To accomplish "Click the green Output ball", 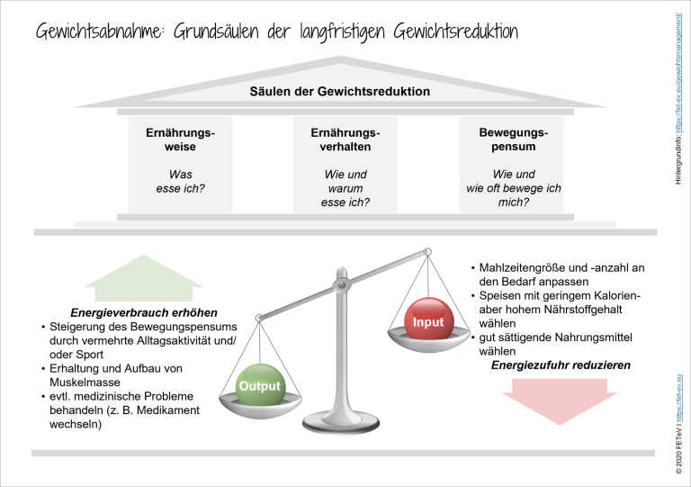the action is coord(260,384).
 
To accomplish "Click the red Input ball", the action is coord(427,319).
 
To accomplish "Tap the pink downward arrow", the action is coord(560,401).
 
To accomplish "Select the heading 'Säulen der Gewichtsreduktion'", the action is coord(340,91).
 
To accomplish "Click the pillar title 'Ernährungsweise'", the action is coord(180,140).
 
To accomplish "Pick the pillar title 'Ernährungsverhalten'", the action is coord(345,140).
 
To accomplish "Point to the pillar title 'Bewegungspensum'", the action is coord(514,140).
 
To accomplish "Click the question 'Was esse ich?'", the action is coord(180,181).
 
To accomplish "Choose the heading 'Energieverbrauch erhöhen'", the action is coord(144,312).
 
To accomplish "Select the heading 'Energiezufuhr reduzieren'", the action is coord(561,365).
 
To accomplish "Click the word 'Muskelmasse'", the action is coord(85,382).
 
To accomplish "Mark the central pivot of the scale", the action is coord(342,285).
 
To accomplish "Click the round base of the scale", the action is coord(341,423).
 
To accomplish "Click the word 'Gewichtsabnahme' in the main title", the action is coord(100,32).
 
